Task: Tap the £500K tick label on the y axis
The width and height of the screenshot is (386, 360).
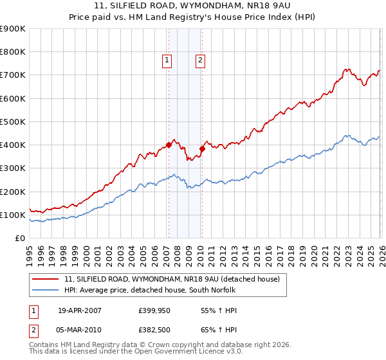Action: click(x=13, y=122)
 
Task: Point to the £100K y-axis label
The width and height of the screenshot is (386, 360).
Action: click(x=13, y=215)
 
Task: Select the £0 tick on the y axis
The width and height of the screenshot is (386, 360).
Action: click(x=20, y=238)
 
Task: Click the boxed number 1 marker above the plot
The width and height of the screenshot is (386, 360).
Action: click(x=167, y=60)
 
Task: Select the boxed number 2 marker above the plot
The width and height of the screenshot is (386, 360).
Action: click(x=201, y=60)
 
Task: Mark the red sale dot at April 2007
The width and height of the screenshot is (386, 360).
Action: click(x=169, y=145)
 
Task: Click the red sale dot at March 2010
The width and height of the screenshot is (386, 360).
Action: click(x=201, y=148)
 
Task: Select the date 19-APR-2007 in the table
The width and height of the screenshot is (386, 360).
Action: click(x=79, y=310)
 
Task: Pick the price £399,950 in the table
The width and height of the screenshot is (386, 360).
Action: click(x=154, y=310)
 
